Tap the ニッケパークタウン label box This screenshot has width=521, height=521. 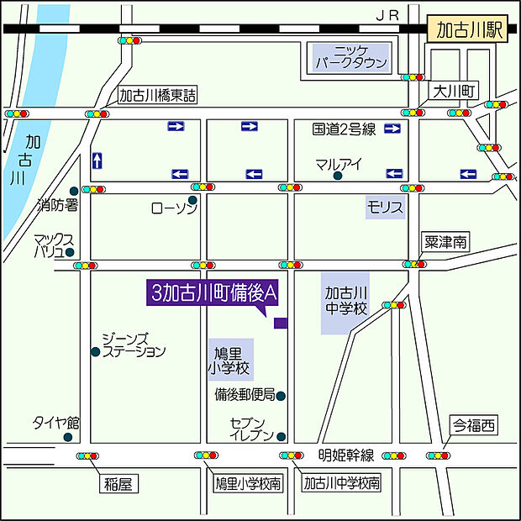click(351, 56)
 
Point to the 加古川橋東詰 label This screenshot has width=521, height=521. click(157, 96)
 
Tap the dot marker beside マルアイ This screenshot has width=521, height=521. click(337, 176)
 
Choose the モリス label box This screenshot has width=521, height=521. click(385, 207)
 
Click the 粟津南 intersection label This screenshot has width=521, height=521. click(445, 242)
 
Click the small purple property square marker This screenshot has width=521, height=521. click(281, 323)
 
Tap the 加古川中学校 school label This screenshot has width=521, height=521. click(346, 301)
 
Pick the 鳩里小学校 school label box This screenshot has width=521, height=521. click(229, 359)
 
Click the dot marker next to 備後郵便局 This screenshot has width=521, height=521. click(282, 395)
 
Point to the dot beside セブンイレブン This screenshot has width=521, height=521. click(282, 436)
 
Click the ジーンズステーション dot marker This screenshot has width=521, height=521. click(95, 351)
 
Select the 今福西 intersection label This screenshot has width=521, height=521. click(473, 425)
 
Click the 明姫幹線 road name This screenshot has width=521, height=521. click(346, 455)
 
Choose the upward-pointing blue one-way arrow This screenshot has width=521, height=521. click(98, 160)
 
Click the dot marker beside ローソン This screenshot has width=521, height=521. click(192, 200)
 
